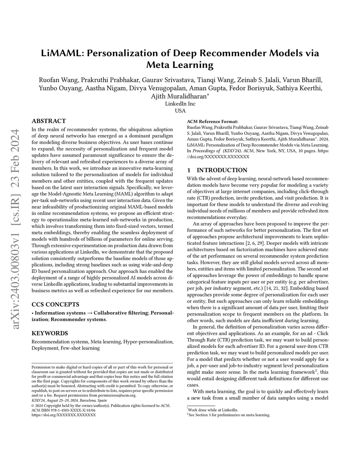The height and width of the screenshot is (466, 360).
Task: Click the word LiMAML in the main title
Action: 61,53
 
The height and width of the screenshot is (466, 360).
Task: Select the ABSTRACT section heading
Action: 49,121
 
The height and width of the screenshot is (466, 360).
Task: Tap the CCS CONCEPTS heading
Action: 56,304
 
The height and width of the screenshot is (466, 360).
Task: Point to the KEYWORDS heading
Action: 50,333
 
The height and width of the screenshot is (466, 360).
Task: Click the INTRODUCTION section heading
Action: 222,170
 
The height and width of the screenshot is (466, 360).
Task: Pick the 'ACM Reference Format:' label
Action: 212,121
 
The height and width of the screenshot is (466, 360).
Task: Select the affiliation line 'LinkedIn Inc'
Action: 180,104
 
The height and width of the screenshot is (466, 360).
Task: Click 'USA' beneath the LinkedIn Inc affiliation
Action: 180,111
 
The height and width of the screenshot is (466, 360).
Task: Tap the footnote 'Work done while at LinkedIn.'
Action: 213,410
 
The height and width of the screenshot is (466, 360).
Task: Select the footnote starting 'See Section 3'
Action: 229,415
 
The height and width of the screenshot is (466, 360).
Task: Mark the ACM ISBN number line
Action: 62,410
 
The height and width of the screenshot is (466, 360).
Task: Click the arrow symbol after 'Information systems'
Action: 90,313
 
